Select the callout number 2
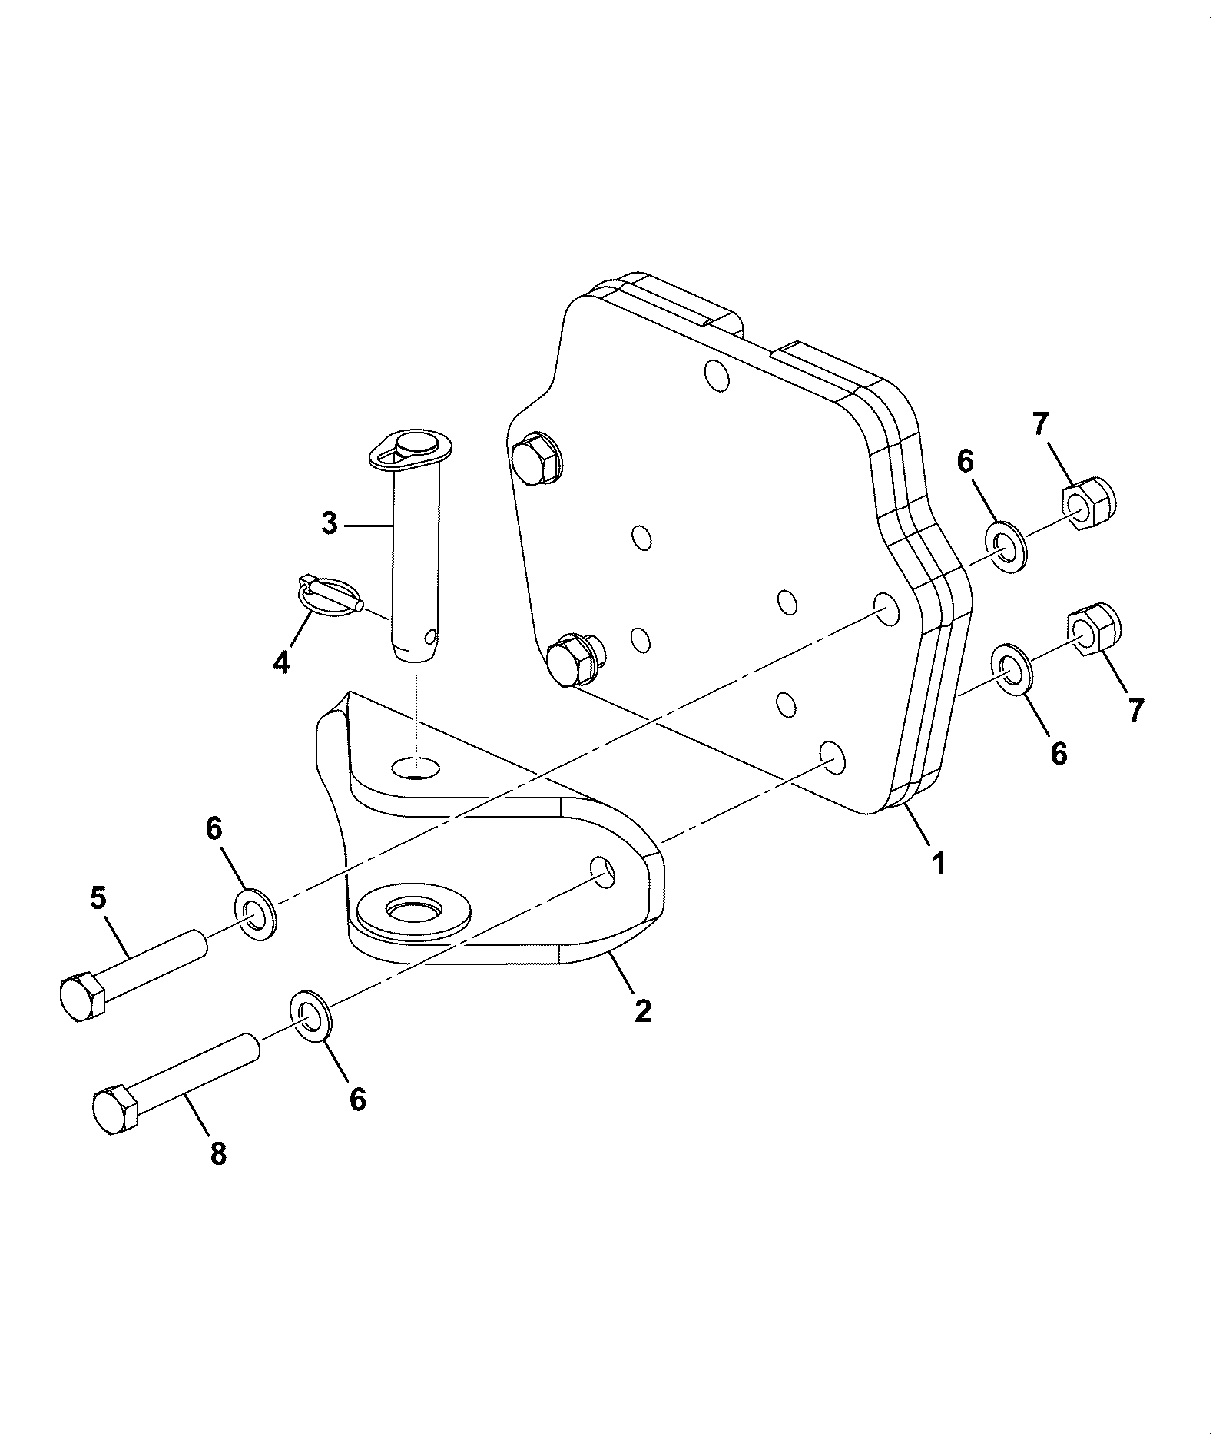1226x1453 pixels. (642, 1010)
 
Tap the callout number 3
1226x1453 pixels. (330, 524)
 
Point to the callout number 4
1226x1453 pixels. (281, 660)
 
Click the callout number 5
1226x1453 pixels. (98, 898)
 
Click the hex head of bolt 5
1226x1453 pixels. (81, 997)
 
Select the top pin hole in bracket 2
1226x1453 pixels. (415, 766)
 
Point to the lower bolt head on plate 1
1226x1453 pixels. (575, 658)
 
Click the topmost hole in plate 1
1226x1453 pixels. (717, 376)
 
